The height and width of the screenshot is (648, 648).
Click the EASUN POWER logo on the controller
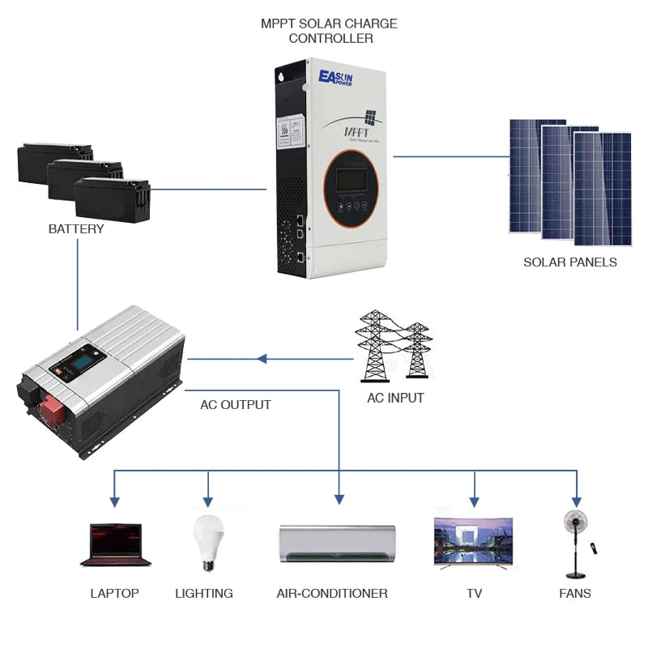[339, 78]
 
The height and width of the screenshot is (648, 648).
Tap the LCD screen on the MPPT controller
[353, 180]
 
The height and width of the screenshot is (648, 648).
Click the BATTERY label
[76, 229]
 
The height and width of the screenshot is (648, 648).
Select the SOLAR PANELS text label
[570, 262]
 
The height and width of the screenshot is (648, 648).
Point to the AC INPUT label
[395, 398]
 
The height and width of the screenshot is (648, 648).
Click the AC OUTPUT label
[236, 404]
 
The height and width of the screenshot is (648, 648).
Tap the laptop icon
[116, 544]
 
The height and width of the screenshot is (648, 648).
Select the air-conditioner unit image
[337, 542]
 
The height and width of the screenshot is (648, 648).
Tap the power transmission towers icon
[394, 345]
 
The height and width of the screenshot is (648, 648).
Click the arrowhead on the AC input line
[262, 358]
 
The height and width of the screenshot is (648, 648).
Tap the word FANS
[575, 593]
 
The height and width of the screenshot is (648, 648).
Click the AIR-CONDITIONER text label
[332, 593]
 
